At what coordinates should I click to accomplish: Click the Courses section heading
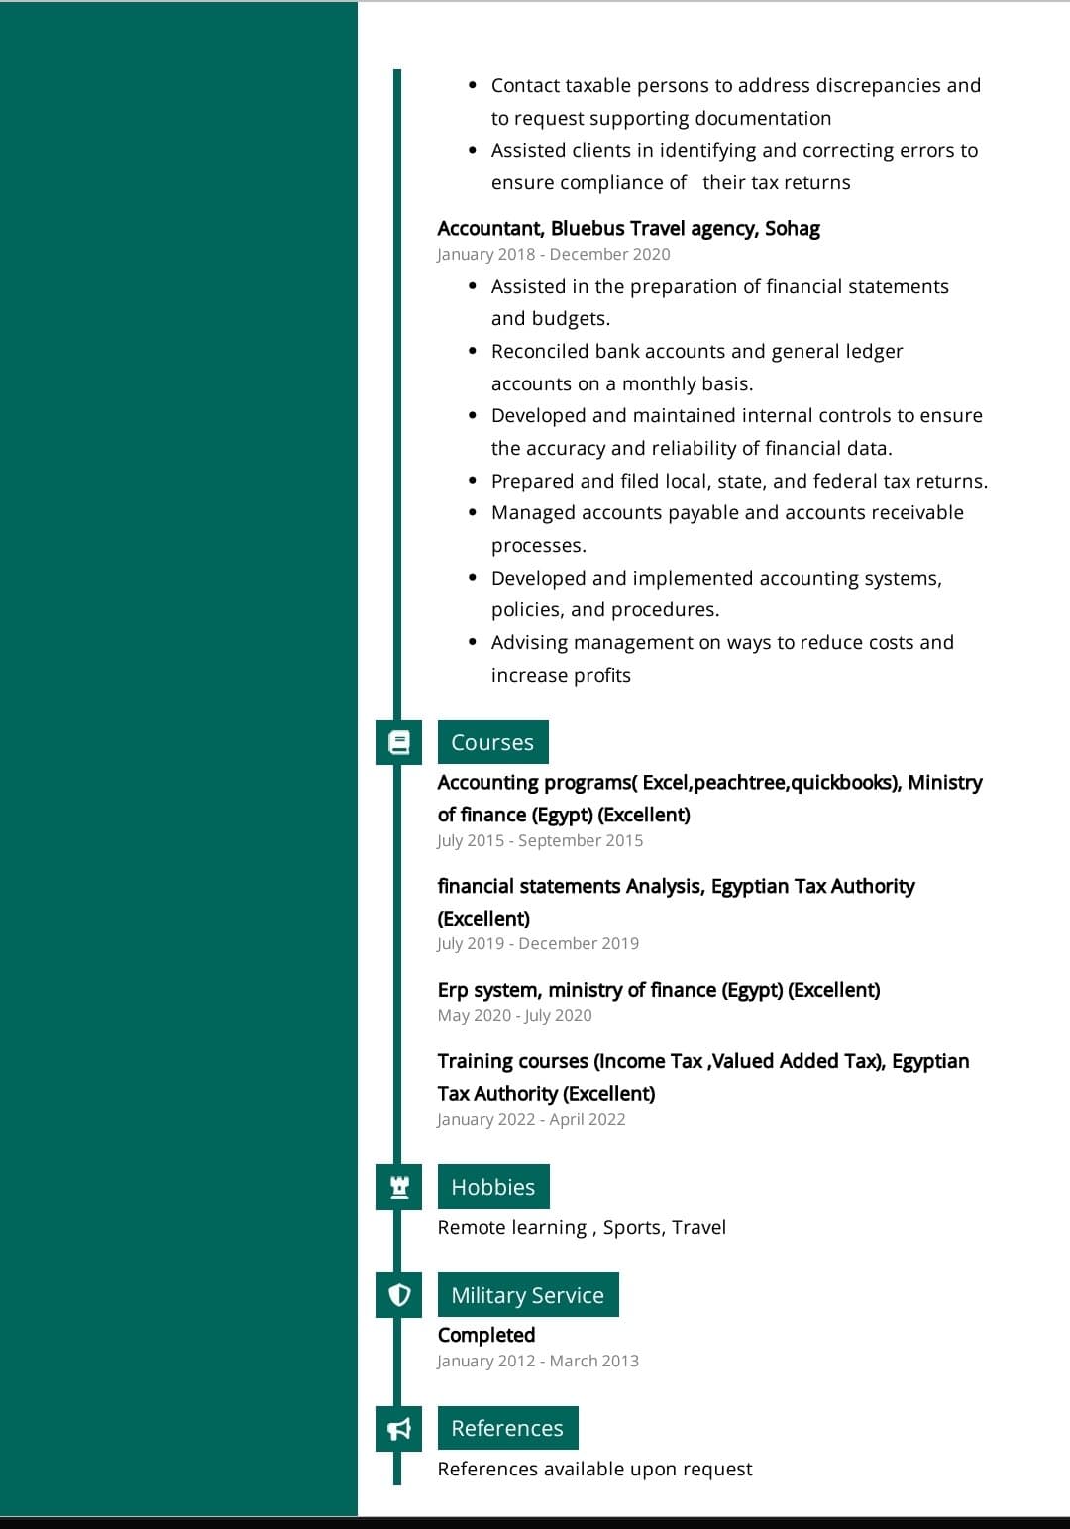[x=492, y=742]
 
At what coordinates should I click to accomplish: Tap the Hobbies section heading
[x=492, y=1187]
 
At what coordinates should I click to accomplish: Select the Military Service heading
[x=527, y=1295]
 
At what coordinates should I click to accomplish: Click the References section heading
[x=506, y=1428]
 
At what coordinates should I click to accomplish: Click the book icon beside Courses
[x=399, y=742]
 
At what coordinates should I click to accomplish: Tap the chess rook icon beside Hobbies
[x=399, y=1187]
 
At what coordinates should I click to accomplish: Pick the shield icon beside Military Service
[x=399, y=1295]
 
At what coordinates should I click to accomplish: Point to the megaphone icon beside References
[x=399, y=1428]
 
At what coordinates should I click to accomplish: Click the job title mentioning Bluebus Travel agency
[x=628, y=229]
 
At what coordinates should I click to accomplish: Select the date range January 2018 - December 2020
[x=553, y=255]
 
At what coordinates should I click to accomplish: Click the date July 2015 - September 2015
[x=540, y=841]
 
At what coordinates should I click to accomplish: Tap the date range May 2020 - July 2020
[x=514, y=1016]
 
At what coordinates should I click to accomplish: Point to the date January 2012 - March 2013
[x=538, y=1362]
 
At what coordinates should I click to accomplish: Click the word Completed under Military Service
[x=485, y=1335]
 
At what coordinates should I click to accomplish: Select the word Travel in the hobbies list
[x=698, y=1228]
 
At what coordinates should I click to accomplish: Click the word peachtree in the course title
[x=739, y=783]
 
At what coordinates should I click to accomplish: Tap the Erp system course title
[x=658, y=990]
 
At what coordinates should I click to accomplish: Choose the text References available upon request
[x=594, y=1469]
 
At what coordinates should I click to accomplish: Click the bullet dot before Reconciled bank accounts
[x=473, y=352]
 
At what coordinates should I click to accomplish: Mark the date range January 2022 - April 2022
[x=531, y=1120]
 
